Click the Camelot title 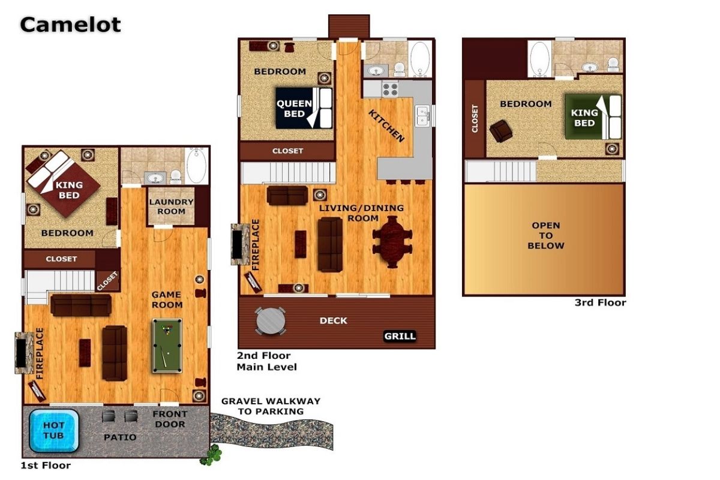tap(70, 25)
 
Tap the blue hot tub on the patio tap(53, 431)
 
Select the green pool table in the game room tap(167, 346)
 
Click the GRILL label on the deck tap(400, 336)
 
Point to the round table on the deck tap(271, 321)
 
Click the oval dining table tap(392, 242)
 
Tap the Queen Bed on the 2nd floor tap(304, 109)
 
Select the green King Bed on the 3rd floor tap(593, 117)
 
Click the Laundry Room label tap(172, 206)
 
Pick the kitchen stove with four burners tap(390, 89)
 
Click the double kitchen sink tap(422, 115)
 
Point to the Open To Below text tap(546, 235)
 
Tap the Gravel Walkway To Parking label tap(271, 406)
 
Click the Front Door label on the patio tap(170, 419)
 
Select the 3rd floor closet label tap(475, 119)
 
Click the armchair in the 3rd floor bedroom tap(501, 131)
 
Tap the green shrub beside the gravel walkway tap(211, 455)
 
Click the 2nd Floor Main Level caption tap(267, 361)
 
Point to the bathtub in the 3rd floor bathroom tap(539, 59)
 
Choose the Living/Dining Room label tap(362, 213)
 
